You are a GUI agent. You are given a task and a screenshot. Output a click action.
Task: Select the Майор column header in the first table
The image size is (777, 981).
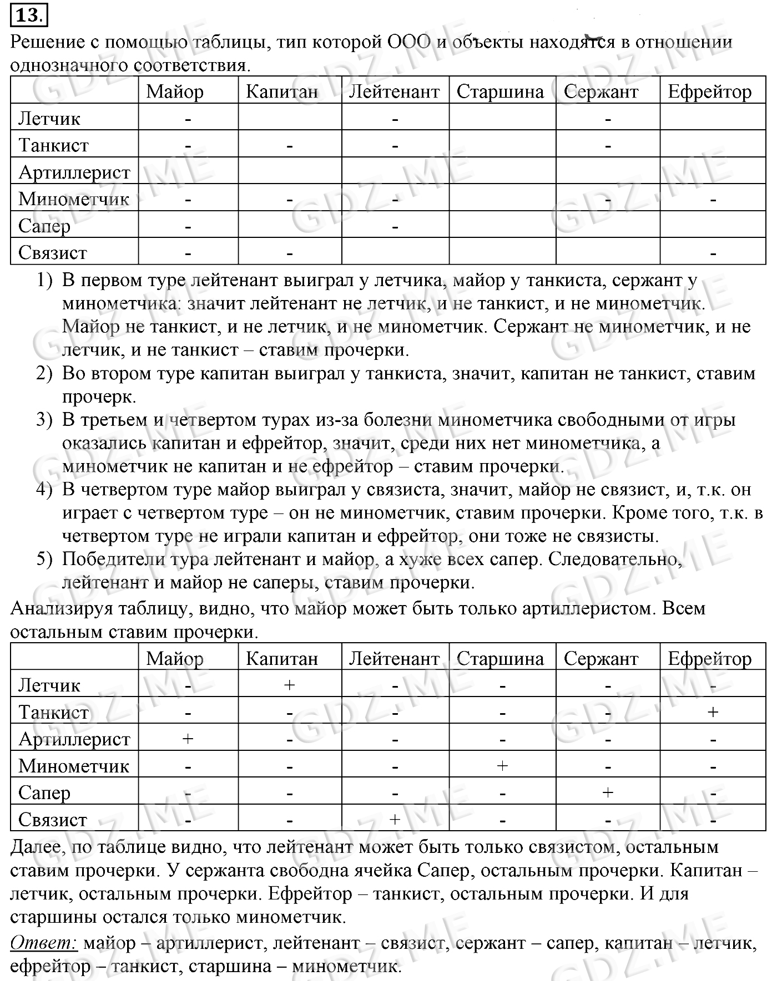pyautogui.click(x=175, y=92)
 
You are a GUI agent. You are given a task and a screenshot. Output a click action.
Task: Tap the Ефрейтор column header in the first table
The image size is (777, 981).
pyautogui.click(x=710, y=92)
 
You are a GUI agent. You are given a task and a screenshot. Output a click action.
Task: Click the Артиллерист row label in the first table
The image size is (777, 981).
pyautogui.click(x=74, y=172)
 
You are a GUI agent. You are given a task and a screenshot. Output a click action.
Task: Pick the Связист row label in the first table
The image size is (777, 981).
pyautogui.click(x=53, y=253)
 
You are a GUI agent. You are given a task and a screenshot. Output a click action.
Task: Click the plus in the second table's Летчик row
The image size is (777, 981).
pyautogui.click(x=289, y=685)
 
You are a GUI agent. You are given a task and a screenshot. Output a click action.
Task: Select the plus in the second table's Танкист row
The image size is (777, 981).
pyautogui.click(x=713, y=711)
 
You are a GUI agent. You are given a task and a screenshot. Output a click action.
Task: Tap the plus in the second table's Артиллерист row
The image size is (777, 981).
pyautogui.click(x=188, y=739)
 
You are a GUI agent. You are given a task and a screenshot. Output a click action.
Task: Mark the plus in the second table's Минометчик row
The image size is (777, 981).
pyautogui.click(x=502, y=766)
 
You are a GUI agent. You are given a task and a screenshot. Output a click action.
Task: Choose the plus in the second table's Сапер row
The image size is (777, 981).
pyautogui.click(x=608, y=792)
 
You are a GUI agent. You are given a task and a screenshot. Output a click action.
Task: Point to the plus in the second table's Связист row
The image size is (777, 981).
pyautogui.click(x=395, y=819)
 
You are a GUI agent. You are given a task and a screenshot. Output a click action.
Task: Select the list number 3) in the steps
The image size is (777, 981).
pyautogui.click(x=44, y=420)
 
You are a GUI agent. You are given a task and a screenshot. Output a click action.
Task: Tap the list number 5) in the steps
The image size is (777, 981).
pyautogui.click(x=44, y=559)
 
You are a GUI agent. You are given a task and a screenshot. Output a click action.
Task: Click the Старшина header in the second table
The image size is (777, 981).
pyautogui.click(x=500, y=659)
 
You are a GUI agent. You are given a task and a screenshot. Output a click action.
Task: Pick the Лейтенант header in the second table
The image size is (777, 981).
pyautogui.click(x=394, y=659)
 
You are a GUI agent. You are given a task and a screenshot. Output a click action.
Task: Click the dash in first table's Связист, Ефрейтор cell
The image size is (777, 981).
pyautogui.click(x=713, y=254)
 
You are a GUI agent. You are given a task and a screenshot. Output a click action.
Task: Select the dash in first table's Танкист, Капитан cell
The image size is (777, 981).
pyautogui.click(x=289, y=146)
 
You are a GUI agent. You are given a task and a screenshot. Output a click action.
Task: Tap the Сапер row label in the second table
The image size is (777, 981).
pyautogui.click(x=44, y=793)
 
